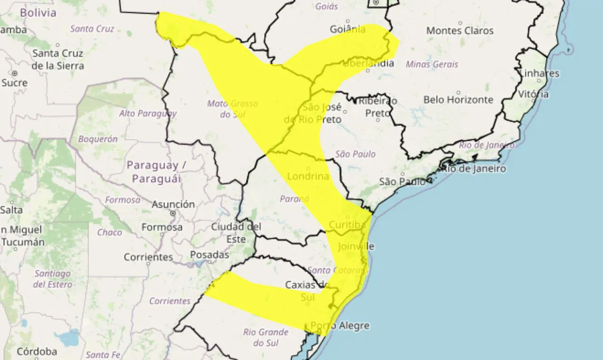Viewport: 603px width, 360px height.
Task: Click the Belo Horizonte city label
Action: (458, 100)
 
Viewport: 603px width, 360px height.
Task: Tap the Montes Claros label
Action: (460, 31)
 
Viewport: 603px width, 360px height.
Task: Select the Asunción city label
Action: (173, 205)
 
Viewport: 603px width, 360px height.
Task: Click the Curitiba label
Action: (347, 225)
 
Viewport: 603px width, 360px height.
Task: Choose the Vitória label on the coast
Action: (533, 94)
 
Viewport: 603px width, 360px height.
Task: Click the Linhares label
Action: (539, 74)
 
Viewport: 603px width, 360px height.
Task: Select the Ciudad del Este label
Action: (236, 233)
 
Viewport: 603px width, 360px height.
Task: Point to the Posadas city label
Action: (209, 255)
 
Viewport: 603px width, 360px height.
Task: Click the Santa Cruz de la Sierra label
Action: (57, 59)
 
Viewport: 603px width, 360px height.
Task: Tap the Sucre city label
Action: (14, 83)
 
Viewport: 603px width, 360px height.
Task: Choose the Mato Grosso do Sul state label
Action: (232, 108)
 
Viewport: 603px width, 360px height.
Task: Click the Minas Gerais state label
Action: (432, 65)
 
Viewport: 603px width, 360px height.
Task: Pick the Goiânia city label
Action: (348, 29)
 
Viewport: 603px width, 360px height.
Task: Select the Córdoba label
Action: (37, 352)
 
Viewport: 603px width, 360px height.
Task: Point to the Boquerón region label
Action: (98, 139)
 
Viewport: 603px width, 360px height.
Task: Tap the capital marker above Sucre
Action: (15, 74)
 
